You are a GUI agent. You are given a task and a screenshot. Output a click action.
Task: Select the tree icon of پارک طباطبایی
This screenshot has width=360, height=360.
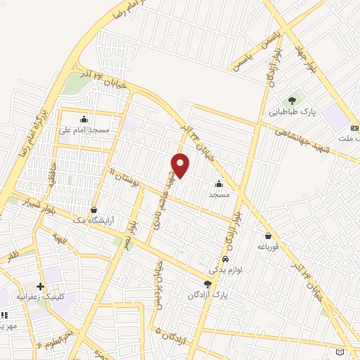pyautogui.click(x=292, y=99)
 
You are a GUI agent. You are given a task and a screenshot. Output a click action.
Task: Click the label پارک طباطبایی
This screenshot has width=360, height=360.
pyautogui.click(x=292, y=112)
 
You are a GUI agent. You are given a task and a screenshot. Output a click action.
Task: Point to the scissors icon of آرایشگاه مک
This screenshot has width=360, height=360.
pyautogui.click(x=94, y=210)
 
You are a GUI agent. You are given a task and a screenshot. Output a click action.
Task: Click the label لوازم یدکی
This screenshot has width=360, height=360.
pyautogui.click(x=224, y=269)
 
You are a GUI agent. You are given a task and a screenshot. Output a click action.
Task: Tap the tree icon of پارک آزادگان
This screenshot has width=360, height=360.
pyautogui.click(x=207, y=283)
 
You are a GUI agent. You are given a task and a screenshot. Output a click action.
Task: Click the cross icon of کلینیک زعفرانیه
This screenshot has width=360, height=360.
pyautogui.click(x=40, y=285)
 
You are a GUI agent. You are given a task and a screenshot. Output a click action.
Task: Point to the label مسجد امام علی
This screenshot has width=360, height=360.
pyautogui.click(x=84, y=131)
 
